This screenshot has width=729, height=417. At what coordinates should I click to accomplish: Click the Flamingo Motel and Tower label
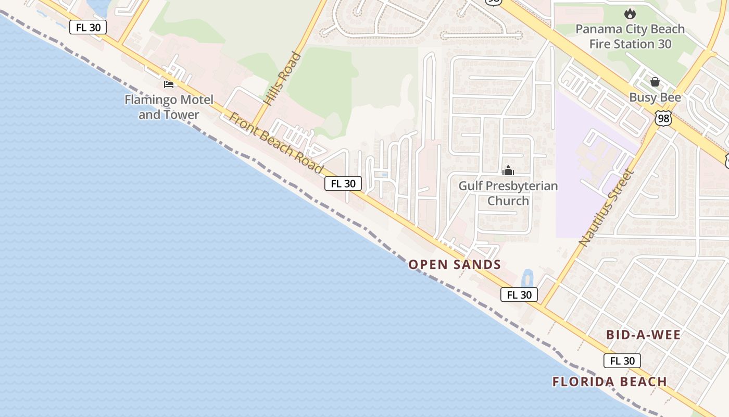pos(169,107)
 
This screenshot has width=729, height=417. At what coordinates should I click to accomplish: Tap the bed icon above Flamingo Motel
pos(169,84)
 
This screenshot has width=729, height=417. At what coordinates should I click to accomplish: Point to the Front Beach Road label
pos(276,142)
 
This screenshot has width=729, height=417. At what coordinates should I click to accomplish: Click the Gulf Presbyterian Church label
pos(508,193)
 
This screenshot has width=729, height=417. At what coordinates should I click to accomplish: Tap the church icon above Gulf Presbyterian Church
pos(508,170)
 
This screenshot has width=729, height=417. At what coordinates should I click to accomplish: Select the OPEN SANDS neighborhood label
pos(455,265)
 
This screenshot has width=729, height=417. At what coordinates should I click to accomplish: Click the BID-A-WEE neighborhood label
pos(644,335)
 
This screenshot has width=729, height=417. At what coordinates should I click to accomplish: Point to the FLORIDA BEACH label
pos(610,382)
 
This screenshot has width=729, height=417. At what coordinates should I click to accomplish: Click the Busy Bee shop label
pos(655,97)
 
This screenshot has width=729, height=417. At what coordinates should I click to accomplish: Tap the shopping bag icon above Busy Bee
pos(655,82)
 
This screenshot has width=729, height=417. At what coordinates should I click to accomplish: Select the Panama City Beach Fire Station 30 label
pos(630,36)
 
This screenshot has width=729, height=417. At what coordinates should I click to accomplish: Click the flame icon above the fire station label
pos(630,14)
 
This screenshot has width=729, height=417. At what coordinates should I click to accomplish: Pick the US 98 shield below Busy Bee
pos(663,118)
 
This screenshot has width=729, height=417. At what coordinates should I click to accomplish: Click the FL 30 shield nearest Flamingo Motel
pos(88,27)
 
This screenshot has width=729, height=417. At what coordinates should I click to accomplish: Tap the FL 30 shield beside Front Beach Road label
pos(343,183)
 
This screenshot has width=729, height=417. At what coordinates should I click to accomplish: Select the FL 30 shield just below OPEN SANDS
pos(519,295)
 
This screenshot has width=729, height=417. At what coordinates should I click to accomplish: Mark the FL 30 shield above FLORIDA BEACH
pos(622,361)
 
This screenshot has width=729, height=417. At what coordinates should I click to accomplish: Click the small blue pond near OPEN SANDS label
pos(527,279)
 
